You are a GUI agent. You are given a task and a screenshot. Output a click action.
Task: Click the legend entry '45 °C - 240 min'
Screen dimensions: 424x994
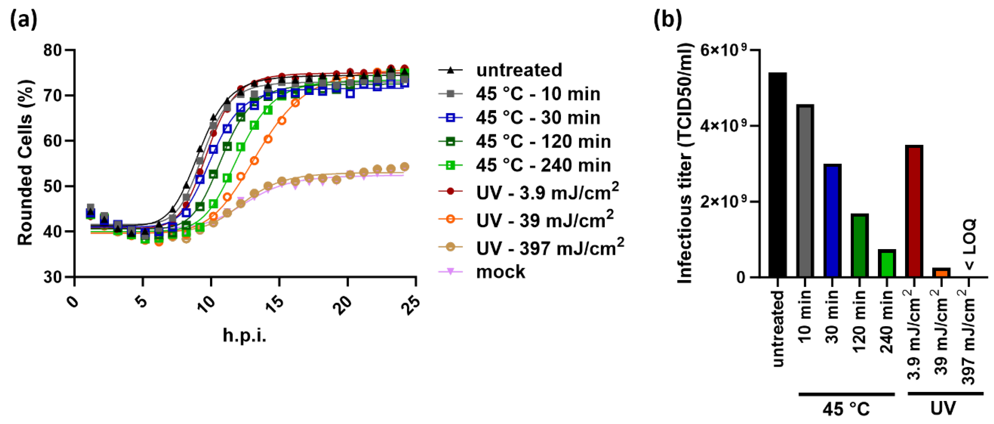point(543,165)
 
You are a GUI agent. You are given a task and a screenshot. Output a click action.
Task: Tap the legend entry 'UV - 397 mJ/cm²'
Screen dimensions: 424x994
point(550,247)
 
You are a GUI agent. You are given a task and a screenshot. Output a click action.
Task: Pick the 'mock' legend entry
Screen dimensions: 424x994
point(500,272)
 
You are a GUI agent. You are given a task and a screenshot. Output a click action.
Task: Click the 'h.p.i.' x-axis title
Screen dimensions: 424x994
point(244,335)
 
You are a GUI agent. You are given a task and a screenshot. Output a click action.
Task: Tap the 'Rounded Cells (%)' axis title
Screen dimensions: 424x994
point(25,163)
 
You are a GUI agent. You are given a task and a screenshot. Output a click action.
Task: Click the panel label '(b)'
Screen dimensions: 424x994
point(668,19)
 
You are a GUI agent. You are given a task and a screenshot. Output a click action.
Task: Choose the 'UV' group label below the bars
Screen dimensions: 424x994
point(943,408)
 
